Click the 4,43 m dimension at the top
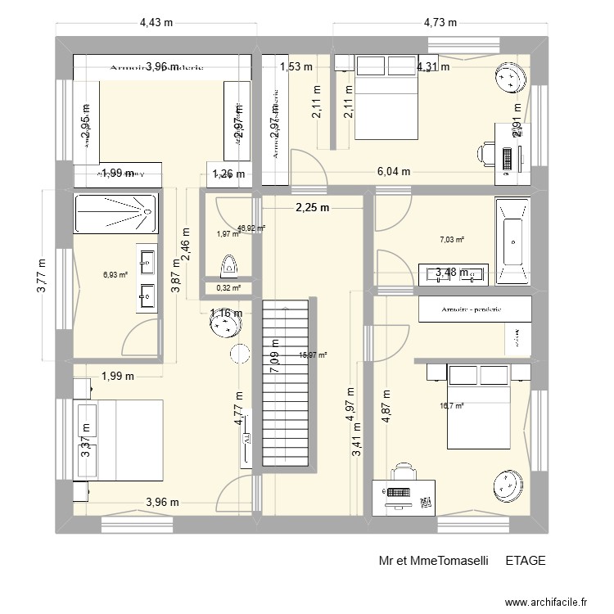[x=156, y=22]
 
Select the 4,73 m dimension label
[x=441, y=22]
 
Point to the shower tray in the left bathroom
[x=115, y=212]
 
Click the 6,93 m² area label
[x=115, y=274]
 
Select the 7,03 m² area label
[x=452, y=240]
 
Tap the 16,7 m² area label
[x=452, y=405]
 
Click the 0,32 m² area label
[x=228, y=287]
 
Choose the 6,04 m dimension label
[x=394, y=171]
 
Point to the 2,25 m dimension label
[x=312, y=207]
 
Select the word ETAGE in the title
[x=525, y=561]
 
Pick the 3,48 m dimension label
[x=452, y=273]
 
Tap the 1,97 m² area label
[x=228, y=234]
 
